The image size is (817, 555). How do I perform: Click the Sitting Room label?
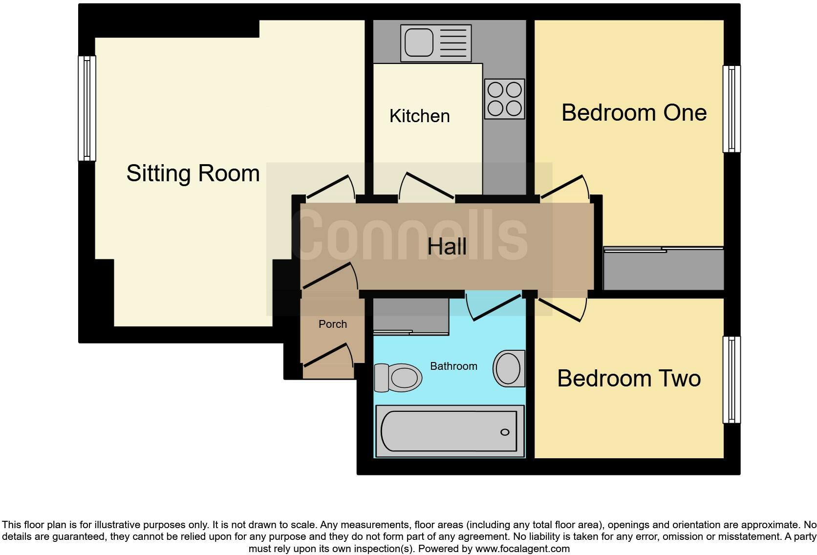[193, 173]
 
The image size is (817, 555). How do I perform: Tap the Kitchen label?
[419, 116]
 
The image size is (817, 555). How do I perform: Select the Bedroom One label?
[634, 113]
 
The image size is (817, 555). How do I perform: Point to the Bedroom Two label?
[629, 379]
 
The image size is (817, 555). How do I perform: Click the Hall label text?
[447, 246]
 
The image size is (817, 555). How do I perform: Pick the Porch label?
[332, 324]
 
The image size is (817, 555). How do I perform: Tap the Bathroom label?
[453, 366]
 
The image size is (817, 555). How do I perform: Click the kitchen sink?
[419, 43]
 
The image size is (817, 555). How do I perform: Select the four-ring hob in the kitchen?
[504, 99]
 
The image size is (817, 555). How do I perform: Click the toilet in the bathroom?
[398, 378]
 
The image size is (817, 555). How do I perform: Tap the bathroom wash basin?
[509, 368]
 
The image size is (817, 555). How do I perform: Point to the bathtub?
[449, 431]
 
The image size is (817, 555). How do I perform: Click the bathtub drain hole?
[505, 432]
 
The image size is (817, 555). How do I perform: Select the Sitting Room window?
[87, 108]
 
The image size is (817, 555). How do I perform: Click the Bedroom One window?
[731, 109]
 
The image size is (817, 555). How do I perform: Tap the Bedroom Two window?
[731, 380]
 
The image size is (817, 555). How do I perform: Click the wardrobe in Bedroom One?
[663, 269]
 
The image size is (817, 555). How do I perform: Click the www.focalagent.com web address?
[522, 549]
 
